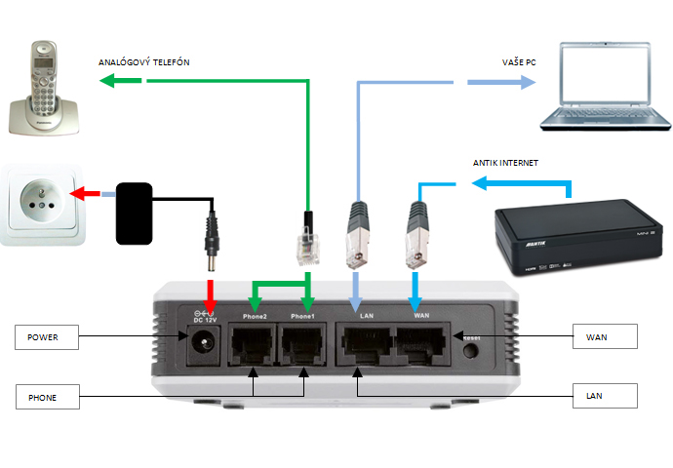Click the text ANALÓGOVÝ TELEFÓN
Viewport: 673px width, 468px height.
pos(143,62)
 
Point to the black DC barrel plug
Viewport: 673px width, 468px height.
pos(210,245)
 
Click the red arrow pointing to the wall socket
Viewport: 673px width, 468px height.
pos(90,193)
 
